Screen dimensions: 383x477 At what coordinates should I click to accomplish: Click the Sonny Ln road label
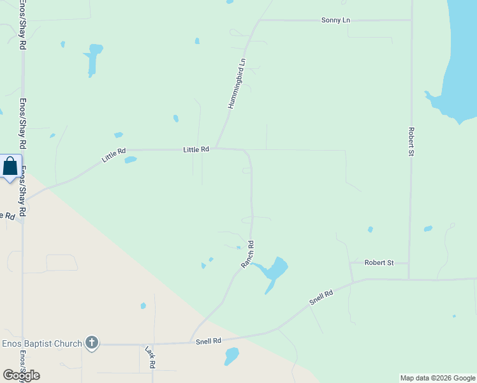click(x=335, y=20)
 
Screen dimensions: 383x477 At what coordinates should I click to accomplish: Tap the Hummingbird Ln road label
click(x=237, y=84)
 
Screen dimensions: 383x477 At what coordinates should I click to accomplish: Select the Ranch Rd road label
click(x=247, y=253)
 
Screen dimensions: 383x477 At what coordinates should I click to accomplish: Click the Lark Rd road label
click(x=150, y=357)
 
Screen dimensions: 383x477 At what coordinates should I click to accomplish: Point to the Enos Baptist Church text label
click(x=42, y=344)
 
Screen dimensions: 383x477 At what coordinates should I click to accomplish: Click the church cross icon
click(x=92, y=343)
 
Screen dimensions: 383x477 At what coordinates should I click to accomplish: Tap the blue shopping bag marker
click(x=10, y=167)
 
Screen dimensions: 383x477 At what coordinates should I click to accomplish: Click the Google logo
click(x=22, y=375)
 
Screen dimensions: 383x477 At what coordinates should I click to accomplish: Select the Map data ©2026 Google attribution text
click(x=437, y=378)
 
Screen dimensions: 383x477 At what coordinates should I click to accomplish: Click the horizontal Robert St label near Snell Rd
click(x=379, y=262)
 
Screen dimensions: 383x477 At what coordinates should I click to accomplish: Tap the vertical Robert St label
click(x=411, y=140)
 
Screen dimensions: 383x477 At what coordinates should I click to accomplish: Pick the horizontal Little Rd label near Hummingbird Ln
click(x=196, y=149)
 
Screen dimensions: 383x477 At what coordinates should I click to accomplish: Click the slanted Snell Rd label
click(x=321, y=298)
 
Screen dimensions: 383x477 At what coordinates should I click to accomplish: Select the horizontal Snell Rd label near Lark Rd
click(x=208, y=342)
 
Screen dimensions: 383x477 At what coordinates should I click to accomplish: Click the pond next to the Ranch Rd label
click(x=273, y=271)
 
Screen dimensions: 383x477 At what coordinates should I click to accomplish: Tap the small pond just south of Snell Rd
click(x=231, y=356)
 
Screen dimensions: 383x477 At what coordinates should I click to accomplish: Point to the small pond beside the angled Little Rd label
click(x=131, y=160)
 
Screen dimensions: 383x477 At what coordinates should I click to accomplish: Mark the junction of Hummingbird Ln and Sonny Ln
click(x=259, y=20)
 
